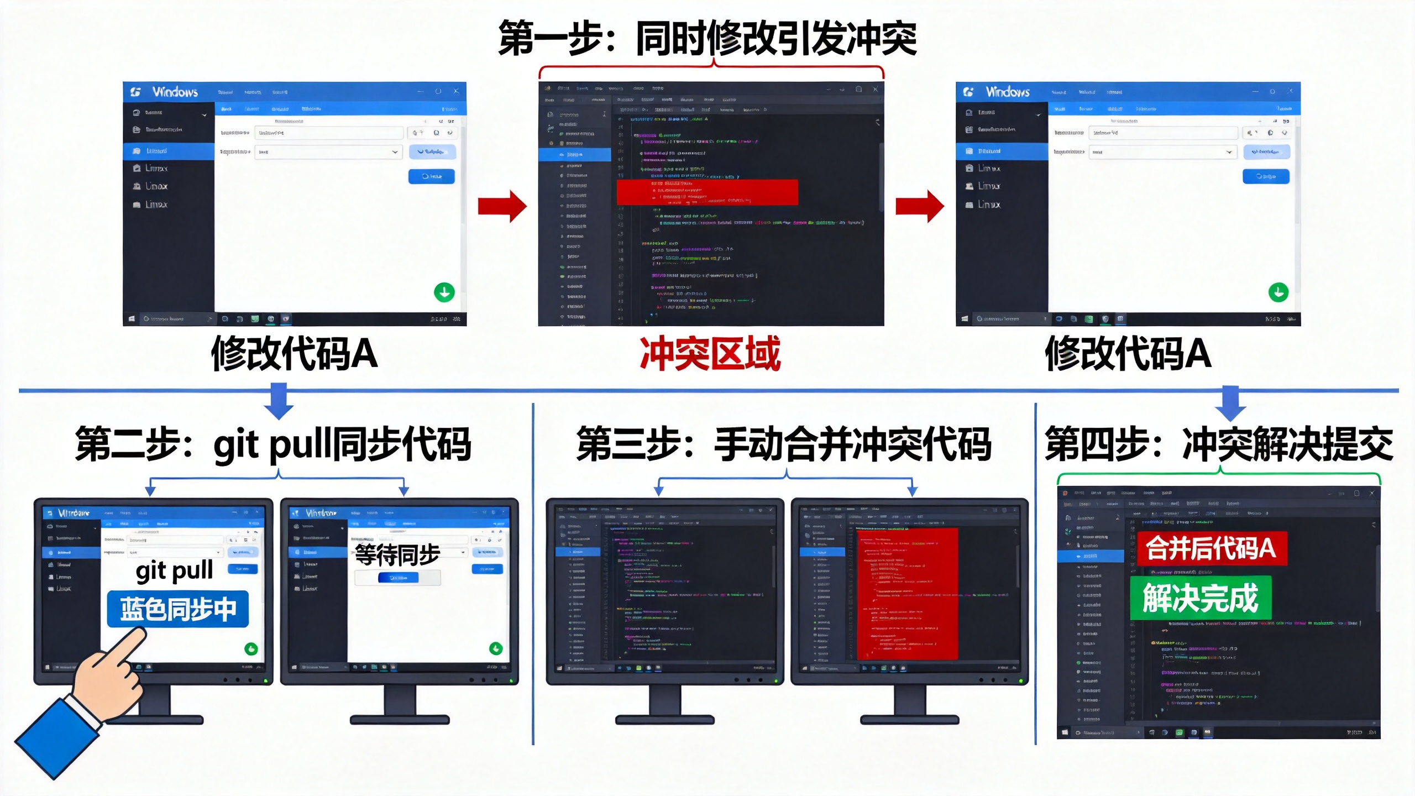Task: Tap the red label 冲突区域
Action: pyautogui.click(x=710, y=354)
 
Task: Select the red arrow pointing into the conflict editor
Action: pyautogui.click(x=502, y=206)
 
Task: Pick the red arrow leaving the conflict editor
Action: pyautogui.click(x=920, y=206)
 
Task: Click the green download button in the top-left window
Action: pyautogui.click(x=444, y=292)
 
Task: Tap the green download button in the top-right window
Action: pyautogui.click(x=1278, y=292)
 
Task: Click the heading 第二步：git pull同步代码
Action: pyautogui.click(x=273, y=444)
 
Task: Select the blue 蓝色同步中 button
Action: pyautogui.click(x=178, y=609)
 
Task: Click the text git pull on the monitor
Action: pyautogui.click(x=174, y=570)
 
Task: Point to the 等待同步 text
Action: pyautogui.click(x=397, y=554)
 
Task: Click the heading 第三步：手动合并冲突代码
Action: pyautogui.click(x=784, y=444)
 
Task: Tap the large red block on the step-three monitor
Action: pyautogui.click(x=907, y=594)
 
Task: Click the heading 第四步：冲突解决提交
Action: pyautogui.click(x=1219, y=444)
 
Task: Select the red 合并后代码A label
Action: pyautogui.click(x=1212, y=548)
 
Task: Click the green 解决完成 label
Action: pyautogui.click(x=1201, y=598)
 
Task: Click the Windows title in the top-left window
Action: pyautogui.click(x=175, y=92)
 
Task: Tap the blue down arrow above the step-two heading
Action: pyautogui.click(x=279, y=401)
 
